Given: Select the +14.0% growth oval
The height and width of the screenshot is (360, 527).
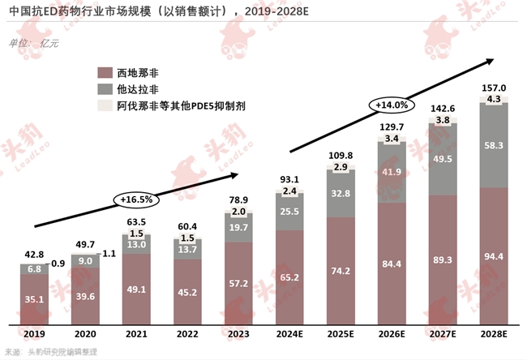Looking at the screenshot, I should (x=392, y=105).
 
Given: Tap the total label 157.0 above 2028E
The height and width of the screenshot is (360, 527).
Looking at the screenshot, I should (x=494, y=88).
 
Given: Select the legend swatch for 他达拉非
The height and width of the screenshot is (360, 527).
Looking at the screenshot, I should (x=104, y=88).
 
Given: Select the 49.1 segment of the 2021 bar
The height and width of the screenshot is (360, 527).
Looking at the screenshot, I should (x=136, y=287).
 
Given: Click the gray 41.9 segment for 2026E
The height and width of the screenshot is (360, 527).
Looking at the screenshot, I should (x=392, y=172).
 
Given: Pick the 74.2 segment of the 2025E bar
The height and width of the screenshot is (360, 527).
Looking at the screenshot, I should (x=341, y=269).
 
